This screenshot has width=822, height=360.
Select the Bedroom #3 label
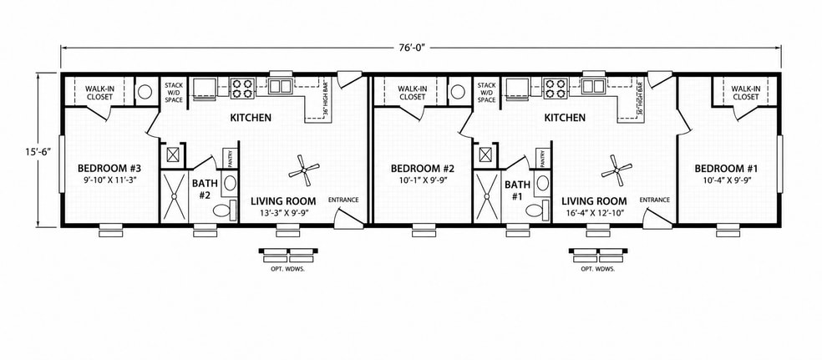[109, 169]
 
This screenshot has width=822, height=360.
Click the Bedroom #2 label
[422, 169]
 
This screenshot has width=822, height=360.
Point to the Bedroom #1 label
[727, 169]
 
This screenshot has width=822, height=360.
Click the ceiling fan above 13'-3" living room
[303, 170]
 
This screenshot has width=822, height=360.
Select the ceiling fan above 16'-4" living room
[616, 170]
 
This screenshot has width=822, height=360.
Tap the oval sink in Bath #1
[543, 183]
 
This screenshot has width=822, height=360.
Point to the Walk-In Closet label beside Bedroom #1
[746, 93]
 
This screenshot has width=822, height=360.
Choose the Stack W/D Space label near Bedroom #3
[174, 92]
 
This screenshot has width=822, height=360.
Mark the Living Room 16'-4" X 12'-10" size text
[594, 212]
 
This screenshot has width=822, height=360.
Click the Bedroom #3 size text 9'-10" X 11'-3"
[110, 180]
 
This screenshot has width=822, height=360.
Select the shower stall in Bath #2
[174, 196]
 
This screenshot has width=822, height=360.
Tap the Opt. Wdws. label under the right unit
[597, 269]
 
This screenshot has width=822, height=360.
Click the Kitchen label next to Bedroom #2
[565, 118]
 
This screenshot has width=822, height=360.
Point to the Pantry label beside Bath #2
[230, 157]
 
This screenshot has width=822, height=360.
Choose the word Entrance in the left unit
[343, 200]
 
